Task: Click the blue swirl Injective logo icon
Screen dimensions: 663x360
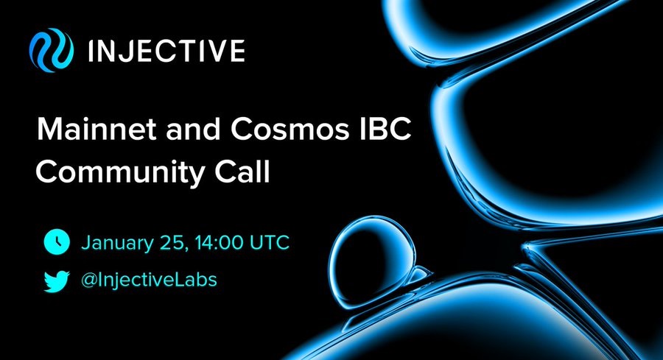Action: point(51,50)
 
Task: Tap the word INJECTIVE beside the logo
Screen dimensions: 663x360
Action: point(166,51)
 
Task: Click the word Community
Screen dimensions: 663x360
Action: point(121,173)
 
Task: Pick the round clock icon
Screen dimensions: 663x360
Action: point(57,242)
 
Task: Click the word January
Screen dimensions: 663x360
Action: point(117,244)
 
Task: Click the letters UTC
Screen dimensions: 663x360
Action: point(270,243)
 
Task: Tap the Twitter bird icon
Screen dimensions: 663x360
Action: point(57,281)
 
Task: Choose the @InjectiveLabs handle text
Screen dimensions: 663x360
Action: point(149,280)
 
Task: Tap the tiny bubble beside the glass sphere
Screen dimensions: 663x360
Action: point(420,274)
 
